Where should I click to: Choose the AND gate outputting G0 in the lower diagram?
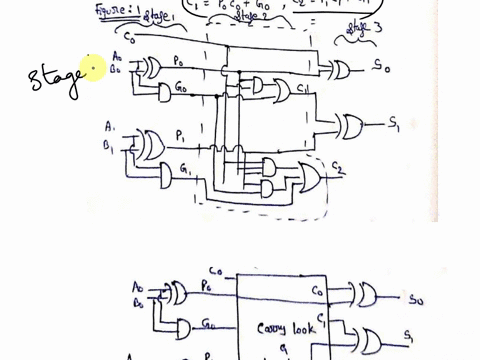182,327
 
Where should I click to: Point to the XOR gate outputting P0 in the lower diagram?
176,293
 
